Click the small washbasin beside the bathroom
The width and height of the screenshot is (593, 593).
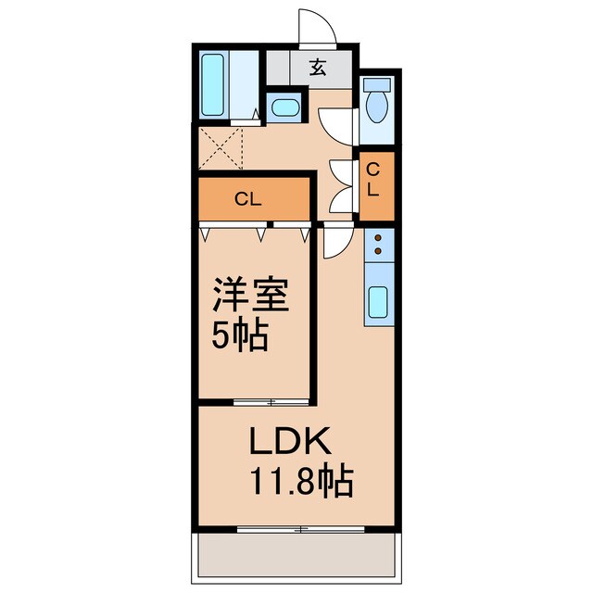coord(284,107)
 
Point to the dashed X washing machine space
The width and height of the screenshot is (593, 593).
coord(221,149)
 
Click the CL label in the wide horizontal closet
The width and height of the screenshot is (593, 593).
coord(246,197)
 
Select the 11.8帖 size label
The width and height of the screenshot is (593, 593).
coord(298,480)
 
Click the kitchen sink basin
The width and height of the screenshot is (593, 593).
coord(378,302)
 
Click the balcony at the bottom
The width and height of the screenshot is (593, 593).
coord(296,554)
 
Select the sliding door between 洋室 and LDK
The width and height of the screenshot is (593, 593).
coord(271,401)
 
